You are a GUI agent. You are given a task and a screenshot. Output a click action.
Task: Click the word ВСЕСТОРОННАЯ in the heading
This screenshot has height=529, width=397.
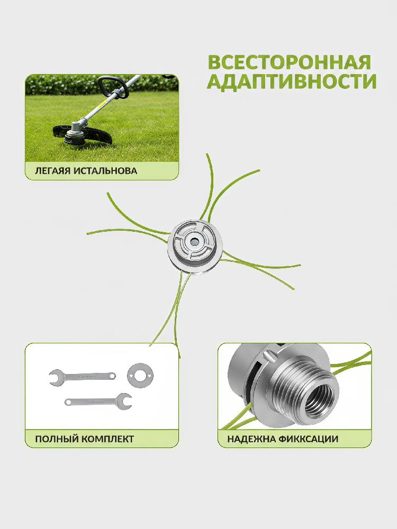pyautogui.click(x=290, y=62)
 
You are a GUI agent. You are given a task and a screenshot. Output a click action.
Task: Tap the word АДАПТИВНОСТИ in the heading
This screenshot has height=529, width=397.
pyautogui.click(x=291, y=81)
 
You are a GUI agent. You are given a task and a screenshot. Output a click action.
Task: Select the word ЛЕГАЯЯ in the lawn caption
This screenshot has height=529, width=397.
pyautogui.click(x=52, y=170)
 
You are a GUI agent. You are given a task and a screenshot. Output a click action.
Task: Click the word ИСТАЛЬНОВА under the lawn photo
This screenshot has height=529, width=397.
pyautogui.click(x=105, y=170)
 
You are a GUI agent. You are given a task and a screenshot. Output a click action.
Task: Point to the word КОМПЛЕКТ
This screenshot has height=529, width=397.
pyautogui.click(x=106, y=439)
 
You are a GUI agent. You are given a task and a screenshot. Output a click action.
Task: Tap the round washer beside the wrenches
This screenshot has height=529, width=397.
pyautogui.click(x=140, y=376)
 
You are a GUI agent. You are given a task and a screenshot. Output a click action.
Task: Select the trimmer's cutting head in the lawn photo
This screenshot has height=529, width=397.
pyautogui.click(x=73, y=135)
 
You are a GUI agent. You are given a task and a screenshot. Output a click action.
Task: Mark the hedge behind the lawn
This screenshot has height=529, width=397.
pyautogui.click(x=102, y=84)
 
